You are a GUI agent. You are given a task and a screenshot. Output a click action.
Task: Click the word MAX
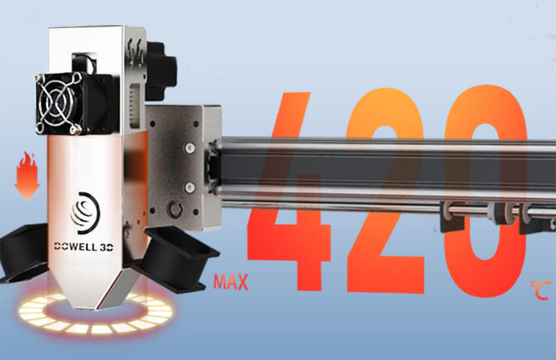pos(230,282)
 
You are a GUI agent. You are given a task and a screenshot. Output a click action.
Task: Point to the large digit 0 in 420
pos(485,192)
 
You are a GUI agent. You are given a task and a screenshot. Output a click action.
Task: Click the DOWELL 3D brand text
pos(84,247)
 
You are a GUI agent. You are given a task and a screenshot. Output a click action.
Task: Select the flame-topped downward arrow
pos(27,176)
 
